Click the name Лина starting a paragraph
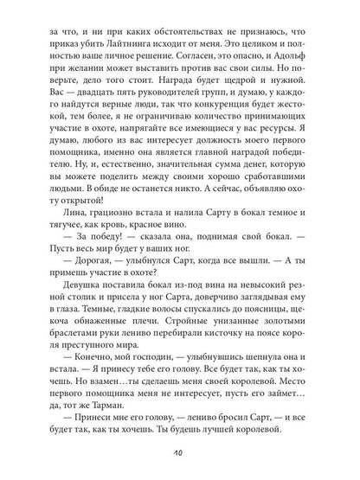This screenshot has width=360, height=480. pos(61,260)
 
